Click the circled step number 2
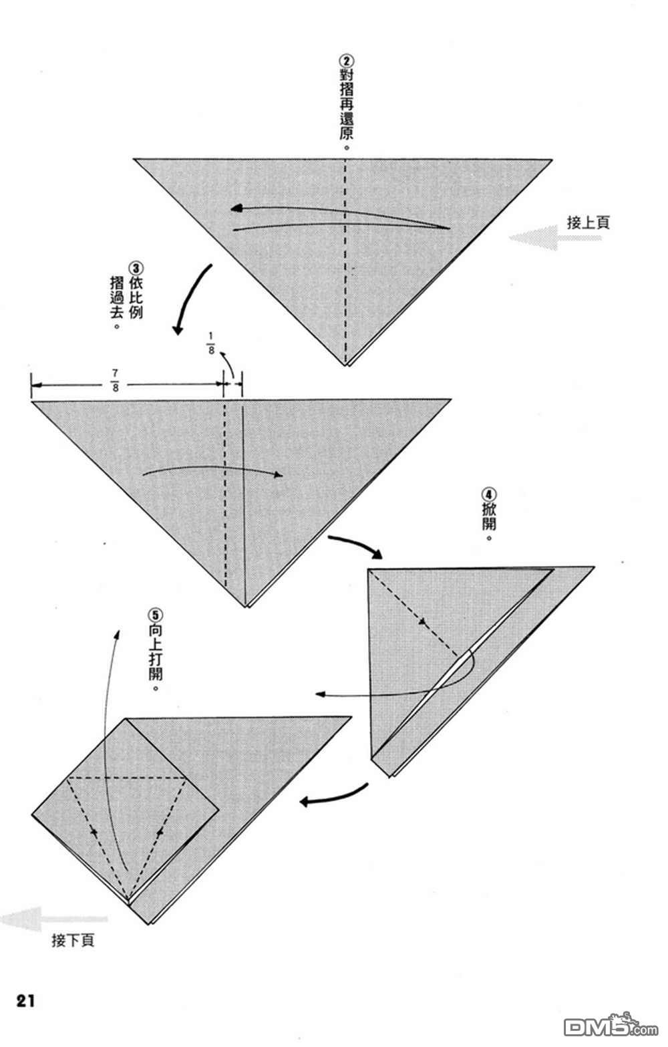click(x=347, y=61)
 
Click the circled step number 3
click(x=136, y=269)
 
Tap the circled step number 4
click(x=489, y=494)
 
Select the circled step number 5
click(x=156, y=615)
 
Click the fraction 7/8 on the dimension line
click(x=115, y=380)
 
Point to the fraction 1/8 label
click(x=211, y=343)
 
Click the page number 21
click(x=25, y=1001)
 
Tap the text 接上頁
click(x=588, y=222)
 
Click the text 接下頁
click(x=73, y=940)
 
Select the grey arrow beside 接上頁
click(x=555, y=238)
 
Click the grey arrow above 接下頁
click(x=53, y=919)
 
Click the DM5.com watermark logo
click(x=611, y=1026)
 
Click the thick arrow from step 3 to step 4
click(x=356, y=545)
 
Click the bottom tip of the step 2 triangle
click(x=347, y=365)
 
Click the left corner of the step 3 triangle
click(x=31, y=401)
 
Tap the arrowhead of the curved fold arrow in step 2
click(x=236, y=208)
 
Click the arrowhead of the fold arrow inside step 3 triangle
click(x=279, y=475)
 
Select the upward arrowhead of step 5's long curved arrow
click(x=118, y=634)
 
